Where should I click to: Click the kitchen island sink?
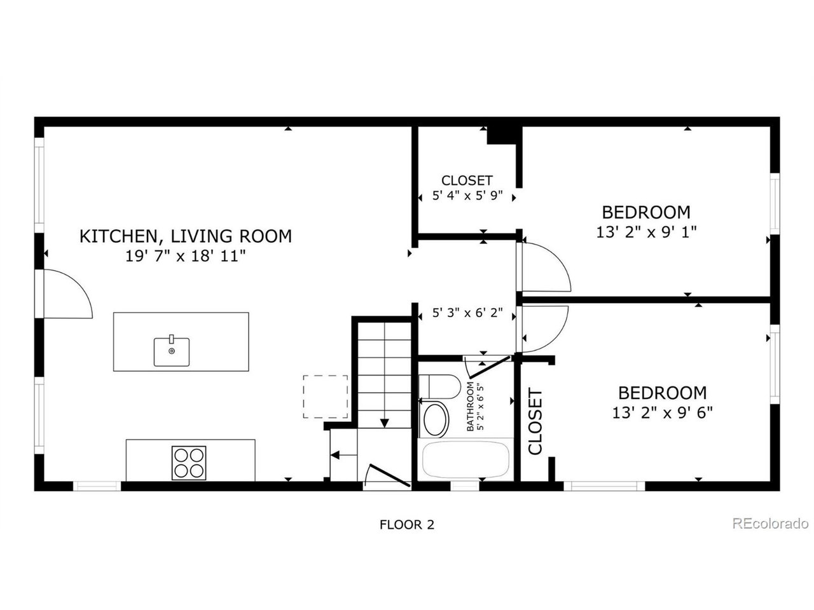click(171, 351)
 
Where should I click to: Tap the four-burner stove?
click(189, 463)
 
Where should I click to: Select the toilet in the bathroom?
click(439, 386)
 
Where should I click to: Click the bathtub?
click(466, 459)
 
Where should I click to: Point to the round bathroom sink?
click(436, 419)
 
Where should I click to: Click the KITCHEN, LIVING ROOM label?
click(186, 236)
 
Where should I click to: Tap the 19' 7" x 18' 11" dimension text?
click(186, 256)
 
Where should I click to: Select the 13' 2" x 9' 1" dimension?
click(646, 232)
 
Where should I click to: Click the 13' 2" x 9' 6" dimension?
click(662, 412)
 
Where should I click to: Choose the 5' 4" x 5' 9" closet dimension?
click(467, 195)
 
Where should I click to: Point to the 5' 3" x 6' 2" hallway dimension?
click(467, 313)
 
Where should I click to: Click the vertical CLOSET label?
click(535, 421)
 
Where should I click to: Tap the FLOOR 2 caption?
click(407, 524)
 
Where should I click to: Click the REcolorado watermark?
click(770, 524)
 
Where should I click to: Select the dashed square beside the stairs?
click(325, 396)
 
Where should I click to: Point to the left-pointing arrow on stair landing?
click(344, 455)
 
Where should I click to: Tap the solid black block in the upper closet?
click(502, 135)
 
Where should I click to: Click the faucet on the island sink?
click(171, 339)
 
